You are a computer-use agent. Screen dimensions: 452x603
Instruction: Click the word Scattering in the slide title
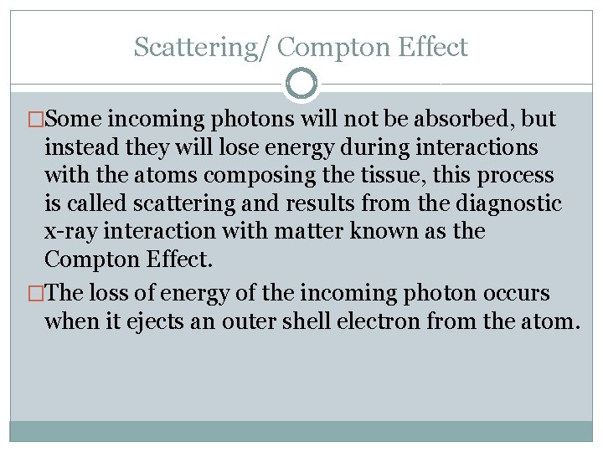pos(196,48)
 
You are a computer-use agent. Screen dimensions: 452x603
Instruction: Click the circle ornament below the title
pos(301,83)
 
